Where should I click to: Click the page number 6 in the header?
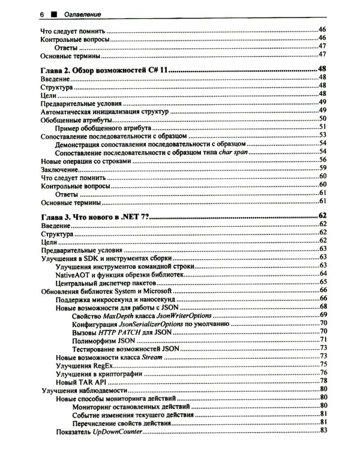click(x=42, y=13)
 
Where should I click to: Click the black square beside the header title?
click(x=53, y=13)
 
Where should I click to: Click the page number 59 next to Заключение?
click(x=322, y=169)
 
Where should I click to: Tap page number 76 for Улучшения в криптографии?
click(x=322, y=373)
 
